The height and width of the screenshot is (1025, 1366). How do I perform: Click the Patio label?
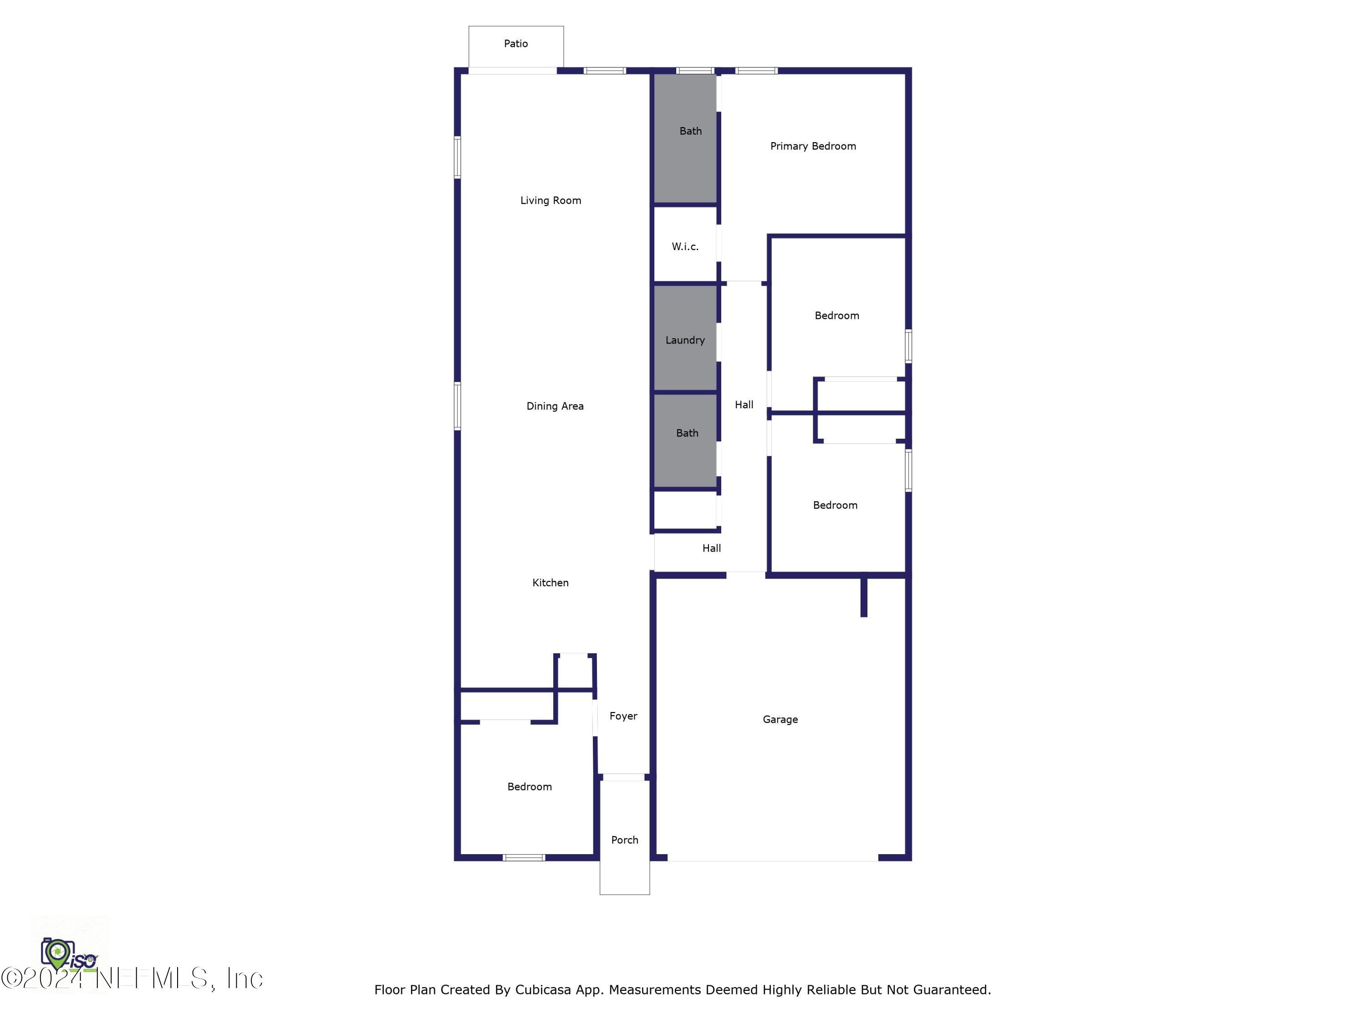[x=515, y=44]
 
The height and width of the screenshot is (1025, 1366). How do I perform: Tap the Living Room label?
[x=550, y=200]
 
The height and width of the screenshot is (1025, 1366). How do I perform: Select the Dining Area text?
[x=555, y=406]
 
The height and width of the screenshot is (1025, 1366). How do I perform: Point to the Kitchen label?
[x=550, y=583]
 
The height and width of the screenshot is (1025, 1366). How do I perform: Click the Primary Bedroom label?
[x=813, y=146]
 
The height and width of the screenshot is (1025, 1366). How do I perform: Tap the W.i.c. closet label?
[x=685, y=246]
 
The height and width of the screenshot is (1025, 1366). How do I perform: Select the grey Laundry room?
[x=685, y=340]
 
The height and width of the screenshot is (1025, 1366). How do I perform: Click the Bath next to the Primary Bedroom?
[x=690, y=131]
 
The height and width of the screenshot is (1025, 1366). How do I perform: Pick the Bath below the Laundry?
[x=687, y=433]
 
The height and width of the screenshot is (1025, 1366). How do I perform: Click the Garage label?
[x=780, y=719]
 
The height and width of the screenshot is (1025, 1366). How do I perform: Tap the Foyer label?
[x=623, y=716]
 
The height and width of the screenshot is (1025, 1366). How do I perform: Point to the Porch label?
[x=624, y=840]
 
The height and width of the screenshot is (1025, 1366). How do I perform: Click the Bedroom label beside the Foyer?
[x=529, y=786]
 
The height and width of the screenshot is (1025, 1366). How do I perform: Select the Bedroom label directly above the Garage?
[x=835, y=505]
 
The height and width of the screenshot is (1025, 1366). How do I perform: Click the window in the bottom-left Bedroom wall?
[x=524, y=857]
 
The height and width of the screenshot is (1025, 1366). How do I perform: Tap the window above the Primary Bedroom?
[x=756, y=71]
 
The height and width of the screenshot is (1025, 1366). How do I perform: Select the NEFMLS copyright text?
[x=133, y=979]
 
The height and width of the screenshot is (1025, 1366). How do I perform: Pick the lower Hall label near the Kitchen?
[x=711, y=548]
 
